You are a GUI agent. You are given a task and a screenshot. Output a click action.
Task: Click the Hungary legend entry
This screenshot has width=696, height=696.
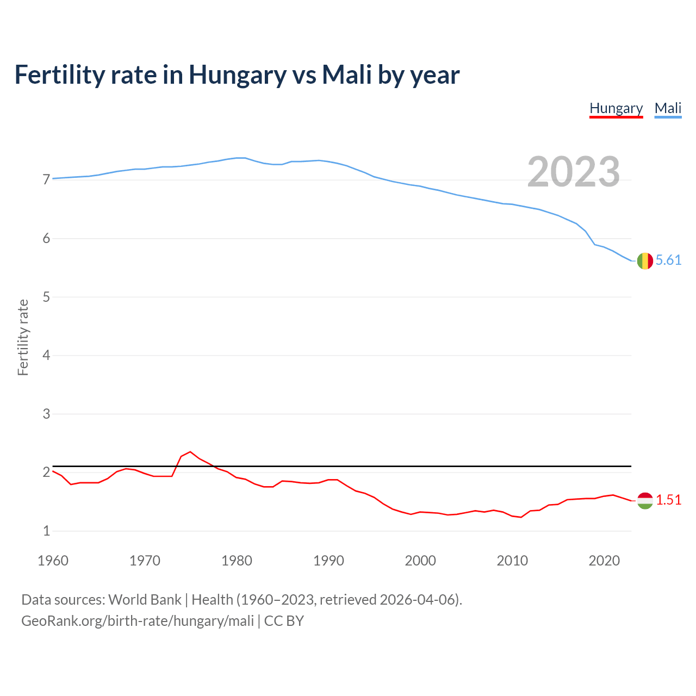click(x=616, y=108)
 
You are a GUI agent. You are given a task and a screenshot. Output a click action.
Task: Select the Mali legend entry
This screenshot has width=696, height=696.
click(x=668, y=108)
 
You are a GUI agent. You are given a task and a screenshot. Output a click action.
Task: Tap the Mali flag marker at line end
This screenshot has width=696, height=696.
click(x=645, y=261)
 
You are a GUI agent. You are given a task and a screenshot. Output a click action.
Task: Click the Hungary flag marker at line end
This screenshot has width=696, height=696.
click(x=645, y=500)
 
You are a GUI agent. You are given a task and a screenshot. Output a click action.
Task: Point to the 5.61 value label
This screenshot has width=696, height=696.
click(x=668, y=260)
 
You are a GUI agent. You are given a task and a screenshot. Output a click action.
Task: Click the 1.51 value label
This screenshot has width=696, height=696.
click(x=668, y=500)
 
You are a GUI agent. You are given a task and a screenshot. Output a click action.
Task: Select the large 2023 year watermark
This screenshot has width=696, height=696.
click(x=574, y=172)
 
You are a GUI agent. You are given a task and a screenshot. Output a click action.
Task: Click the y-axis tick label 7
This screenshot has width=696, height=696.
click(x=46, y=180)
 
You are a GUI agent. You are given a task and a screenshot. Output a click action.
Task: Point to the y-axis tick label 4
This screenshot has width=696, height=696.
click(x=46, y=356)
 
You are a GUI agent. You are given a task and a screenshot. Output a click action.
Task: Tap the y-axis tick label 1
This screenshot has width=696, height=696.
click(x=46, y=531)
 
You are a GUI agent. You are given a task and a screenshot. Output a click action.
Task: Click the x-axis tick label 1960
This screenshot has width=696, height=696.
click(x=53, y=561)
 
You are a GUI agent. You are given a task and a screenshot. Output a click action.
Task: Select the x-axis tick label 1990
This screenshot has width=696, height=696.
click(x=328, y=561)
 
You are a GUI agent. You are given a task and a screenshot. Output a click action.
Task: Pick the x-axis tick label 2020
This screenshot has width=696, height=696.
click(x=604, y=561)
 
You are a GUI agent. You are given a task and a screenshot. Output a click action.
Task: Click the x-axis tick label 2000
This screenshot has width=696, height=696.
click(x=420, y=561)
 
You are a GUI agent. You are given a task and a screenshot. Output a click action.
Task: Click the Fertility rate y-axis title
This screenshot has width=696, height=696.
click(x=23, y=337)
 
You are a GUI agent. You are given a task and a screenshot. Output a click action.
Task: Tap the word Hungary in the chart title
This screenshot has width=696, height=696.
click(x=237, y=75)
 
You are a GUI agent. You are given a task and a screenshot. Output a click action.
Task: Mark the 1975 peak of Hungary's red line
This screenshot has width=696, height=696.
click(x=190, y=452)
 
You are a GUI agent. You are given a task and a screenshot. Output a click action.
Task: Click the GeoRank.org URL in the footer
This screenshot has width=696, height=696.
click(x=138, y=621)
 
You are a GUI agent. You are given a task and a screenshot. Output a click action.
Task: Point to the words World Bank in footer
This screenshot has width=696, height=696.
click(x=145, y=600)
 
